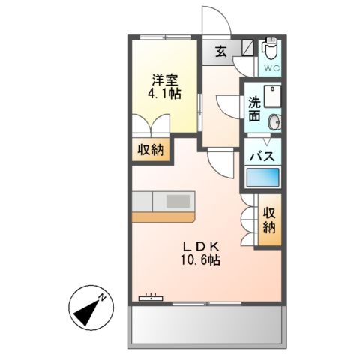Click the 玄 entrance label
pyautogui.click(x=221, y=52)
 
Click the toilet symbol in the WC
pyautogui.click(x=270, y=49)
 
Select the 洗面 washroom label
pyautogui.click(x=254, y=109)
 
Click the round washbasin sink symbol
pyautogui.click(x=275, y=121)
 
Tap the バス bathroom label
pyautogui.click(x=265, y=157)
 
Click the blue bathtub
pyautogui.click(x=263, y=178)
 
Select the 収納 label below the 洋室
pyautogui.click(x=149, y=150)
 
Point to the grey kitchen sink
pyautogui.click(x=178, y=201)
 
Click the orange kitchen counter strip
pyautogui.click(x=165, y=217)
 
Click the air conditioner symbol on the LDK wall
pyautogui.click(x=151, y=298)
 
